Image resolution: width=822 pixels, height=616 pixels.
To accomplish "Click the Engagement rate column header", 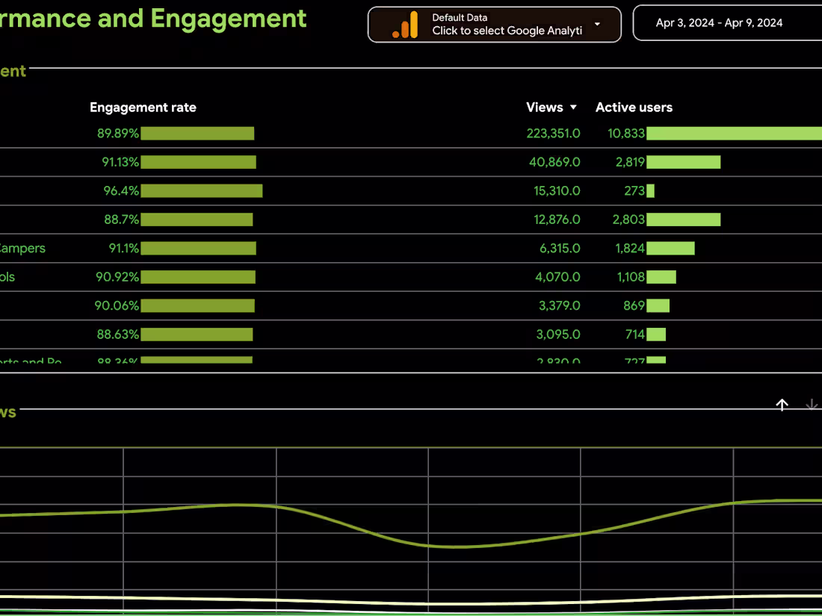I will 143,108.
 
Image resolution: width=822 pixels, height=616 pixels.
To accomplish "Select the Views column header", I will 544,108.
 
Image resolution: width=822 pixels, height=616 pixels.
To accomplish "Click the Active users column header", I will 634,108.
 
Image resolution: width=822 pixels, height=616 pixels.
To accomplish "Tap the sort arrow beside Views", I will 573,108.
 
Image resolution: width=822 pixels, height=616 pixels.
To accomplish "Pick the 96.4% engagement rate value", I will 121,191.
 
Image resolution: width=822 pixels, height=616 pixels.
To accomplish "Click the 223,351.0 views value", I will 553,134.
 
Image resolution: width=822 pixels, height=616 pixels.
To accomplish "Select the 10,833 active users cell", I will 626,134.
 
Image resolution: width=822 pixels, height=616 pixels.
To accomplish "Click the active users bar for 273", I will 650,191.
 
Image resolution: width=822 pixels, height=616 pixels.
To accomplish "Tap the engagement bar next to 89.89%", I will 197,134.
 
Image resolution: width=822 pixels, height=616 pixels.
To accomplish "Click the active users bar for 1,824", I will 670,249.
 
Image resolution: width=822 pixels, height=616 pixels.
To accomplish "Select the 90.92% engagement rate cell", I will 117,277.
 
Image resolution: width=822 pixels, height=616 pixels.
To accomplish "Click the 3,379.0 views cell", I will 558,305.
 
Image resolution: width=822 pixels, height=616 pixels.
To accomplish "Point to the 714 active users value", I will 634,335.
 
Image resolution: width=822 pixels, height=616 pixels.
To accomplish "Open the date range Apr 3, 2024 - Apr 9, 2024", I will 719,23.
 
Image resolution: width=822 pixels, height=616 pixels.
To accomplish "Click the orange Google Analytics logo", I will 406,25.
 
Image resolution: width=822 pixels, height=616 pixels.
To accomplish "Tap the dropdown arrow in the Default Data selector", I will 597,24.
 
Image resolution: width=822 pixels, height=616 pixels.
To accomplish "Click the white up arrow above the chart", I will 782,405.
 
